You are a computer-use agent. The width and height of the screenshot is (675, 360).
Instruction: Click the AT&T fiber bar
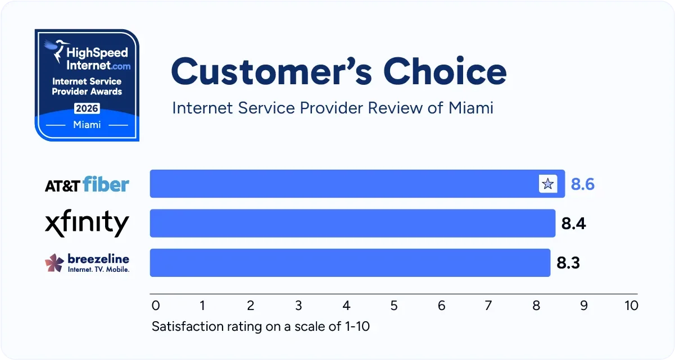[x=343, y=184]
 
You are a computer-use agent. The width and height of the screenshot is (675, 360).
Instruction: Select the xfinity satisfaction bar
[x=352, y=223]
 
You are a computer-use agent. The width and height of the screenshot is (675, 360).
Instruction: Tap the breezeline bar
[x=350, y=262]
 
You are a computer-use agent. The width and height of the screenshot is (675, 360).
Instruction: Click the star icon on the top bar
[x=547, y=184]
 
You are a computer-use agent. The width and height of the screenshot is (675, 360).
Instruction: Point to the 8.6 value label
[x=582, y=184]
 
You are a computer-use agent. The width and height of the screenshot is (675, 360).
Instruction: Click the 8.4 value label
[x=573, y=224]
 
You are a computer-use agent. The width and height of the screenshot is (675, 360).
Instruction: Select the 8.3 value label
[x=568, y=263]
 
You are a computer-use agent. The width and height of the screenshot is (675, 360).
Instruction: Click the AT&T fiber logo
[x=87, y=184]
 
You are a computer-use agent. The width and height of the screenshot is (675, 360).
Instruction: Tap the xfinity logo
[x=87, y=224]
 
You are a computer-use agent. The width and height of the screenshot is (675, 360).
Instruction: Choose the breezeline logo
[x=87, y=262]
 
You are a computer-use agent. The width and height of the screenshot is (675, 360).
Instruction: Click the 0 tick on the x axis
[x=156, y=306]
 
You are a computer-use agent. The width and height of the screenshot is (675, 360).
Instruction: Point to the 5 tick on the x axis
[x=394, y=306]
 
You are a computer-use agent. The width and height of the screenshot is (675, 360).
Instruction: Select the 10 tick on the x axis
[x=631, y=306]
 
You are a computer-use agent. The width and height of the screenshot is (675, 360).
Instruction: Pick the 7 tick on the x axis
[x=488, y=306]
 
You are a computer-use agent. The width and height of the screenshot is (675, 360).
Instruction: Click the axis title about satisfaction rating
[x=261, y=326]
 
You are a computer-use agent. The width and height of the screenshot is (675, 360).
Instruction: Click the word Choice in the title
[x=445, y=72]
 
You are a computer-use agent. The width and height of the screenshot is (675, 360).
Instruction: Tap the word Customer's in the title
[x=272, y=72]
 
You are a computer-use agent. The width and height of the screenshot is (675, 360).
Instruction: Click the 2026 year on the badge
[x=87, y=108]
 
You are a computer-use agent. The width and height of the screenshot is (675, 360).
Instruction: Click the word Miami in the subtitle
[x=471, y=107]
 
